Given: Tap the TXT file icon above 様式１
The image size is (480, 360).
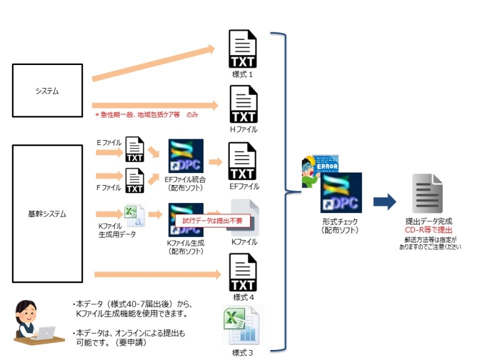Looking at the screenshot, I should [242, 50].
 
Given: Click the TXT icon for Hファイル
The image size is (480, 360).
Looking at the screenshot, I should [242, 105].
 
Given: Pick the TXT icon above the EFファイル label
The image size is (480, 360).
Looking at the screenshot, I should [242, 161].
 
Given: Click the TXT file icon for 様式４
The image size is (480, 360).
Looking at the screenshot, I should [242, 272].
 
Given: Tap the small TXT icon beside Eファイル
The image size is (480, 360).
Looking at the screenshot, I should [135, 149].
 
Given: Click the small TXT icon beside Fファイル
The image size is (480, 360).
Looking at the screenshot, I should [135, 181].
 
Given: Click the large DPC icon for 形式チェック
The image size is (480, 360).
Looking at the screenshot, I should [341, 193].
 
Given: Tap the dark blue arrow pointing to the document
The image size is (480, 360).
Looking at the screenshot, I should [385, 202].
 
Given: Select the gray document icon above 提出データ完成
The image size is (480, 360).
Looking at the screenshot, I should [428, 194].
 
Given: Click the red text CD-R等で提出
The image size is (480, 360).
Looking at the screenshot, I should [428, 229].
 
